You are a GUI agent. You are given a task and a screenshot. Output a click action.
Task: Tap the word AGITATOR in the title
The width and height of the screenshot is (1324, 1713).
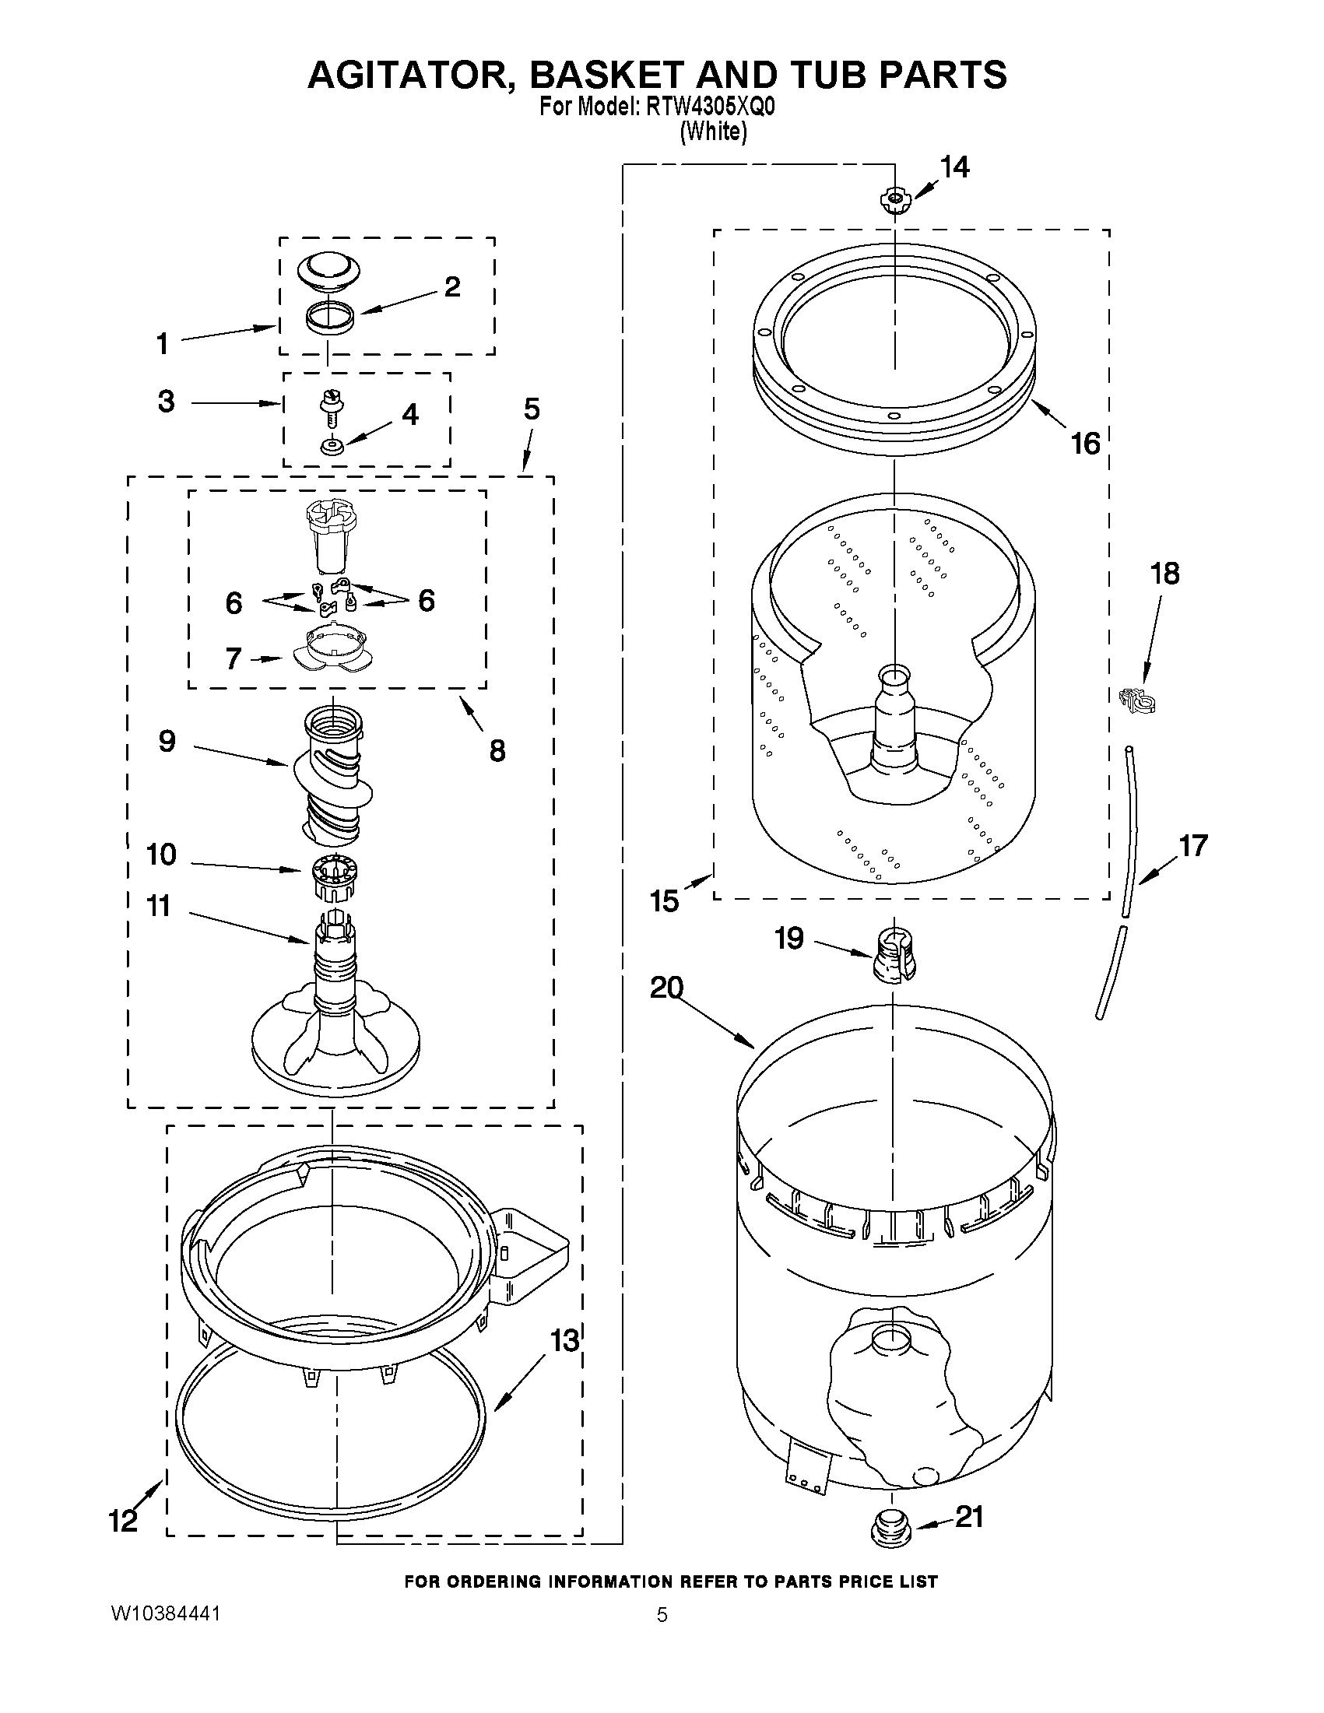411,75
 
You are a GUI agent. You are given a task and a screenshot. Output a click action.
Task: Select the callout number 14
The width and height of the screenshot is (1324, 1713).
954,167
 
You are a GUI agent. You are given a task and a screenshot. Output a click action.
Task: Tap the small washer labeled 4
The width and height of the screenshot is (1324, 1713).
331,447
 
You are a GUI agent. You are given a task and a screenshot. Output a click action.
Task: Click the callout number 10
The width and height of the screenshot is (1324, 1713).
161,854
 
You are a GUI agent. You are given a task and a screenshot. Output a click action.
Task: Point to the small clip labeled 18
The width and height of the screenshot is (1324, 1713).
1136,699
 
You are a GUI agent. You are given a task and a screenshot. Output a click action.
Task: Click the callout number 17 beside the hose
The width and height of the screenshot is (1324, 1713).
1193,845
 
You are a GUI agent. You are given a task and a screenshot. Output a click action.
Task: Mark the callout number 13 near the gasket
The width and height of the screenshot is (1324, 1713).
564,1340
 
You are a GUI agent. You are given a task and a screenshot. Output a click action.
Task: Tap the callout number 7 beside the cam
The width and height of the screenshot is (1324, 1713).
233,659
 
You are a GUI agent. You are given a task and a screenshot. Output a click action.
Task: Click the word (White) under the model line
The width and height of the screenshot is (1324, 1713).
712,132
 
